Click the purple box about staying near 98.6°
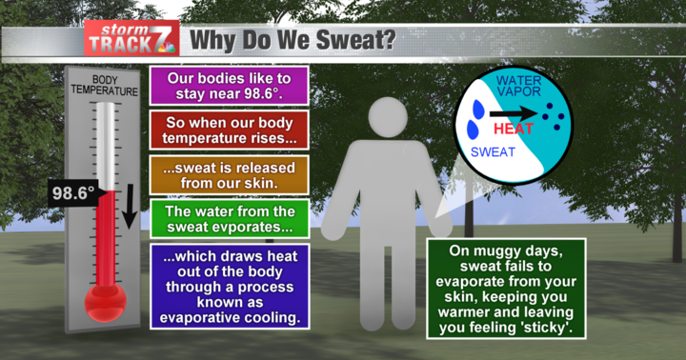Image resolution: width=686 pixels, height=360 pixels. tap(225, 85)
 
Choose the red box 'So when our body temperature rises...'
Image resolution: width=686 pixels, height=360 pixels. tap(225, 130)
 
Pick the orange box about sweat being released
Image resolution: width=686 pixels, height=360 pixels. tap(225, 175)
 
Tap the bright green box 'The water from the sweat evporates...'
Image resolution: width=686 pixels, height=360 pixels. tap(225, 218)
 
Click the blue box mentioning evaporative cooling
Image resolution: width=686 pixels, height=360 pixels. tap(225, 286)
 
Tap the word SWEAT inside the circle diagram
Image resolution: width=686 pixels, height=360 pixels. tap(494, 151)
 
